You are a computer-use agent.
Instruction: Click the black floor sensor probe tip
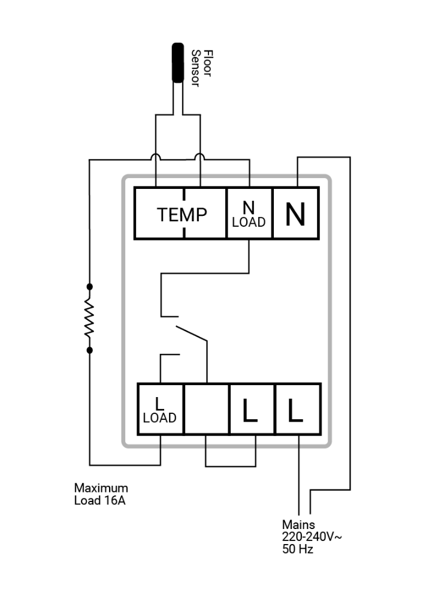pyautogui.click(x=178, y=62)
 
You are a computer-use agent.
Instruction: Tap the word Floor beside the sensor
pyautogui.click(x=207, y=63)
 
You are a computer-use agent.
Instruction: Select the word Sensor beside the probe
pyautogui.click(x=195, y=68)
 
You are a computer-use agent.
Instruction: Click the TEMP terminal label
pyautogui.click(x=182, y=215)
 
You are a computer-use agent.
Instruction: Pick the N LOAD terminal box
pyautogui.click(x=249, y=213)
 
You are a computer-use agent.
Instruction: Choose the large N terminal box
pyautogui.click(x=295, y=213)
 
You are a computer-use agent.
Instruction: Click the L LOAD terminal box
pyautogui.click(x=161, y=409)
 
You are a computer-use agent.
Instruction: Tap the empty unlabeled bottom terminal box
pyautogui.click(x=207, y=409)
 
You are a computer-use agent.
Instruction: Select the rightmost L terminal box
pyautogui.click(x=298, y=409)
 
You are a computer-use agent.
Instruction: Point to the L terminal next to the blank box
pyautogui.click(x=252, y=409)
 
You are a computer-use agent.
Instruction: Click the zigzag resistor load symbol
pyautogui.click(x=89, y=318)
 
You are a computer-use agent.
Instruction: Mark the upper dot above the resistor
pyautogui.click(x=90, y=287)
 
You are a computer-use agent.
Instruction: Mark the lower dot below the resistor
pyautogui.click(x=90, y=350)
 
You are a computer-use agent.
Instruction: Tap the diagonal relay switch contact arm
pyautogui.click(x=192, y=333)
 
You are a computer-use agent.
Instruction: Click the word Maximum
pyautogui.click(x=101, y=488)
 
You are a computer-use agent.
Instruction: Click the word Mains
pyautogui.click(x=298, y=524)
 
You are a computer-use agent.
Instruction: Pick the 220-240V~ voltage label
pyautogui.click(x=312, y=537)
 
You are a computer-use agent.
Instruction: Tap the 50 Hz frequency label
pyautogui.click(x=298, y=549)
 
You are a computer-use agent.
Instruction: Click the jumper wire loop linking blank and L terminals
pyautogui.click(x=231, y=467)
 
